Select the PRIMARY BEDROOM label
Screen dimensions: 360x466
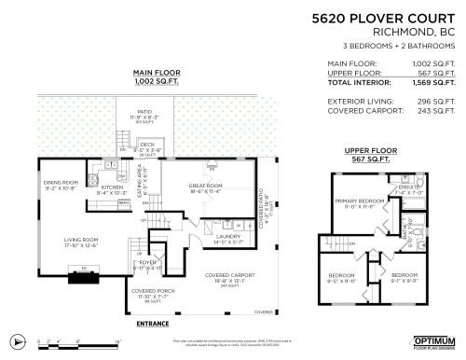360,201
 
